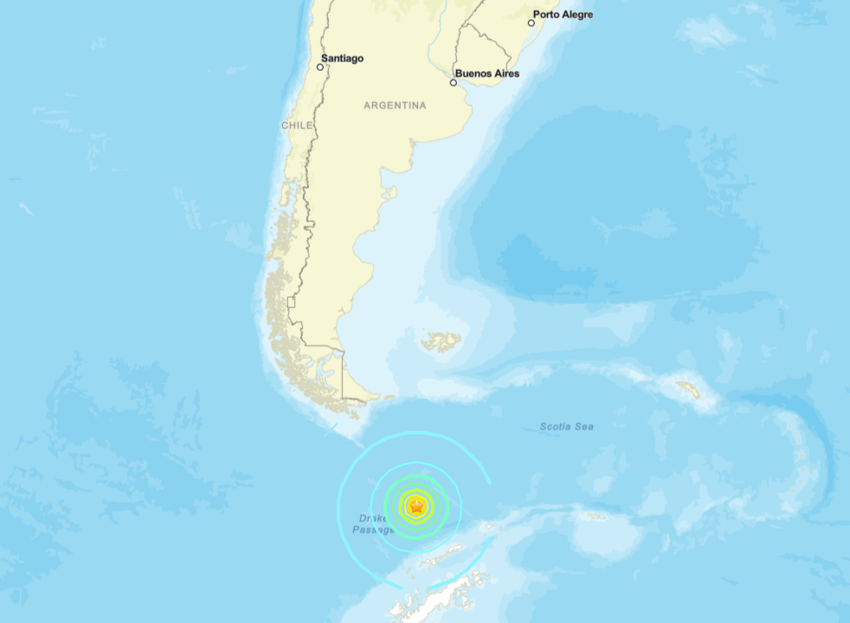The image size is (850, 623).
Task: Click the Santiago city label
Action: coord(342,58)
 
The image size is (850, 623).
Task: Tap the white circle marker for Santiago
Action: coord(320,67)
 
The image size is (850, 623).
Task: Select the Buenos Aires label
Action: coord(486,74)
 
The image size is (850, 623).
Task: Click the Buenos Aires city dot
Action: coord(453,83)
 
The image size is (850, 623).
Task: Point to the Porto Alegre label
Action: coord(563,14)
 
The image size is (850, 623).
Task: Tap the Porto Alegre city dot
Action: coord(531,22)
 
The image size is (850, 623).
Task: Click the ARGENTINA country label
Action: coord(395,106)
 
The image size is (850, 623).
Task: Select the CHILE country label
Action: coord(296,125)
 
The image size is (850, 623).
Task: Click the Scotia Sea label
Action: coord(567,427)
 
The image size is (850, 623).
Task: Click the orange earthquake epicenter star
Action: coord(416,506)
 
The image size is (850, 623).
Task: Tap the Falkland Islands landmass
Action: coord(442,342)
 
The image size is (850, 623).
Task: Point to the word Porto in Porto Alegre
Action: coord(546,14)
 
